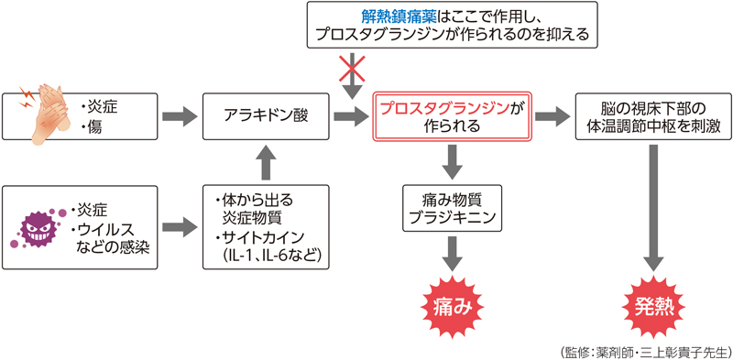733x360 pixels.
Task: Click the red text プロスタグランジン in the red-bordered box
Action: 444,107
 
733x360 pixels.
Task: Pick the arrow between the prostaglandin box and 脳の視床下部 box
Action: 550,116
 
